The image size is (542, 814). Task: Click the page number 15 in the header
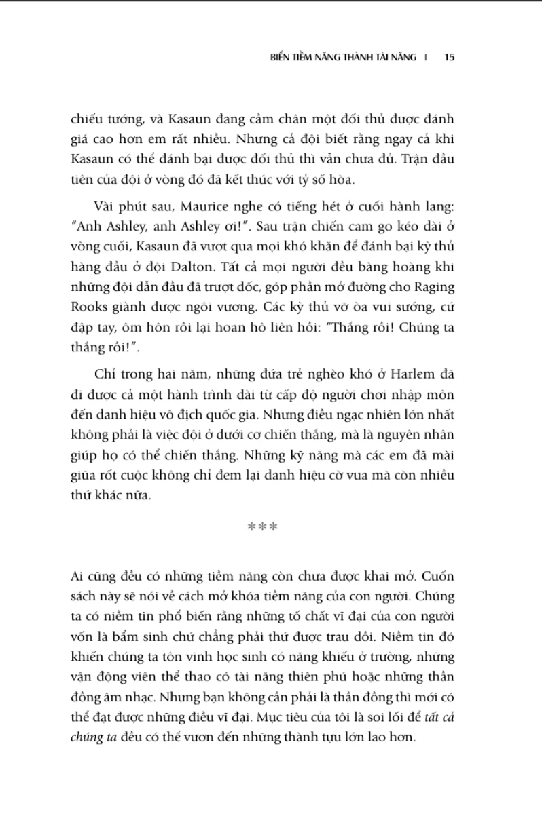pos(449,58)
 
